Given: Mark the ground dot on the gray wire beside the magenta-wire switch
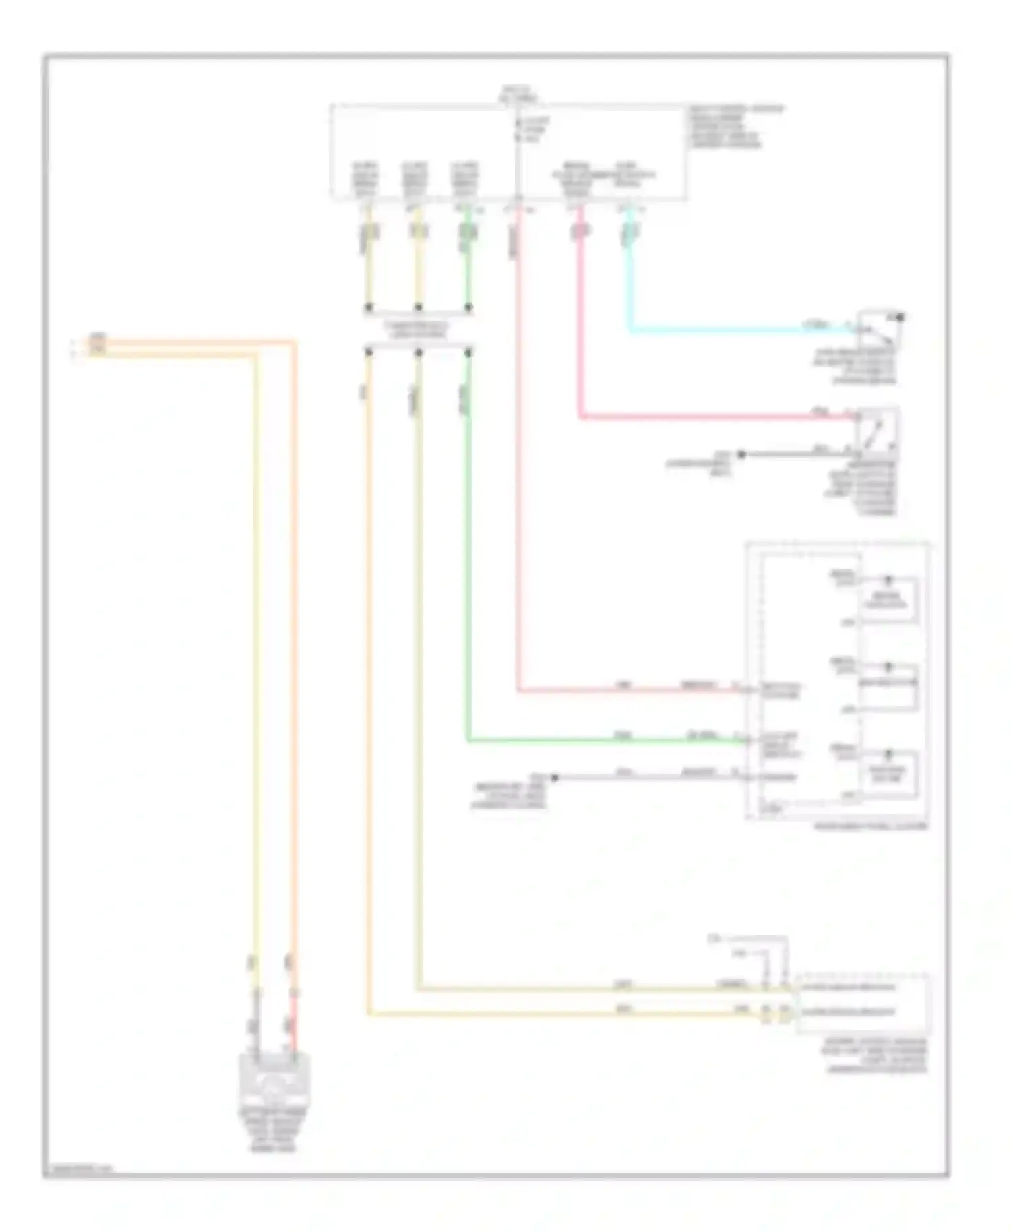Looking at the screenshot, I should (x=741, y=454).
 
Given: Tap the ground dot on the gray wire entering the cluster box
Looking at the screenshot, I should (x=555, y=778).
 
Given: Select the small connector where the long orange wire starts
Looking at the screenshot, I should (x=98, y=344).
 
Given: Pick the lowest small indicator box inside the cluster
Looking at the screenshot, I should (x=888, y=774).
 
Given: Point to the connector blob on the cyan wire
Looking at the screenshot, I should (x=630, y=232).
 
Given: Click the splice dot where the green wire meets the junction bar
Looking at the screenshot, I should (x=468, y=308).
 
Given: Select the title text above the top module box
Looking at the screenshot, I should (x=518, y=94).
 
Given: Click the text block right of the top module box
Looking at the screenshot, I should (x=735, y=126).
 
